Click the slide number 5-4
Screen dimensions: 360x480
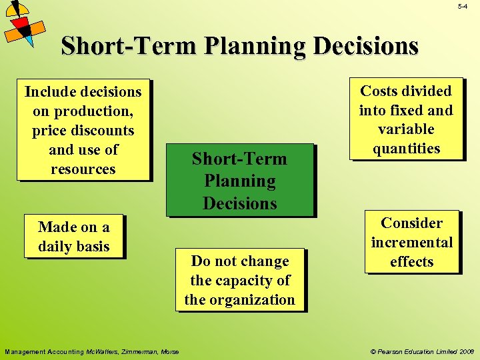click(x=463, y=7)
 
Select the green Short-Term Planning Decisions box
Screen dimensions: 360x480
click(x=239, y=181)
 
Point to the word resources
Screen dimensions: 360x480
click(x=83, y=169)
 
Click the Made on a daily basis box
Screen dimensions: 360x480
click(x=74, y=237)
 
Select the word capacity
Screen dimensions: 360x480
click(x=245, y=281)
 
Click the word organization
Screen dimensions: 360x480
click(x=252, y=300)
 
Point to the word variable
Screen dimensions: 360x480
click(x=406, y=129)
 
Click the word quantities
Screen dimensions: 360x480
click(x=406, y=149)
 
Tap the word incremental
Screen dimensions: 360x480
click(x=411, y=242)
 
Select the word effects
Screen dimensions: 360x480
click(x=411, y=261)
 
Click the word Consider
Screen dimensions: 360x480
click(x=411, y=223)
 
